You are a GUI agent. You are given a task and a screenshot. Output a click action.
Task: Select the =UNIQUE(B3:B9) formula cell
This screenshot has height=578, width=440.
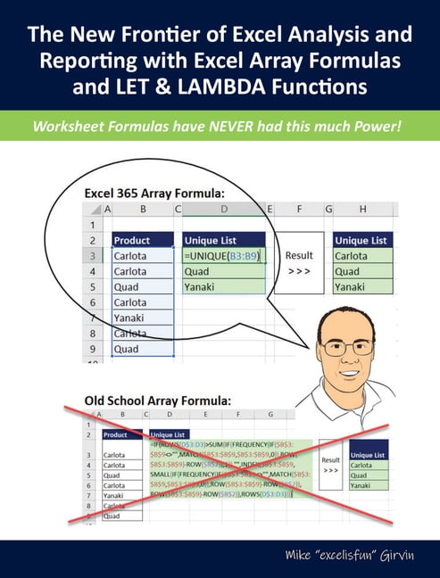pyautogui.click(x=224, y=255)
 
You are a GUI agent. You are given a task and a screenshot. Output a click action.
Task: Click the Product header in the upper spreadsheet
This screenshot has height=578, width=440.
pyautogui.click(x=143, y=239)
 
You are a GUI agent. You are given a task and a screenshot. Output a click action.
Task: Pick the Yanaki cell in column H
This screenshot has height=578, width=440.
pyautogui.click(x=363, y=287)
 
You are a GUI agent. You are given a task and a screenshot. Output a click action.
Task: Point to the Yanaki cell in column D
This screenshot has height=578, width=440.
pyautogui.click(x=223, y=287)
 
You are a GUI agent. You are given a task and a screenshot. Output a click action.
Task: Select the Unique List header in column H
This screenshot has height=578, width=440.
pyautogui.click(x=362, y=239)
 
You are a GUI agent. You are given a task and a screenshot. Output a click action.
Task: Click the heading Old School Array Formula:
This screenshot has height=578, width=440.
pyautogui.click(x=159, y=400)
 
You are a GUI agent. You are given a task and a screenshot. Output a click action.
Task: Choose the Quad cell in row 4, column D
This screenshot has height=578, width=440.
pyautogui.click(x=223, y=271)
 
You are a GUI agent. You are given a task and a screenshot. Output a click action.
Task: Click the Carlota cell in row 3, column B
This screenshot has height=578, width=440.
pyautogui.click(x=143, y=255)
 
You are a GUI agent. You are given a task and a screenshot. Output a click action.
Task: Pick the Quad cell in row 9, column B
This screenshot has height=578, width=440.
pyautogui.click(x=143, y=350)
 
